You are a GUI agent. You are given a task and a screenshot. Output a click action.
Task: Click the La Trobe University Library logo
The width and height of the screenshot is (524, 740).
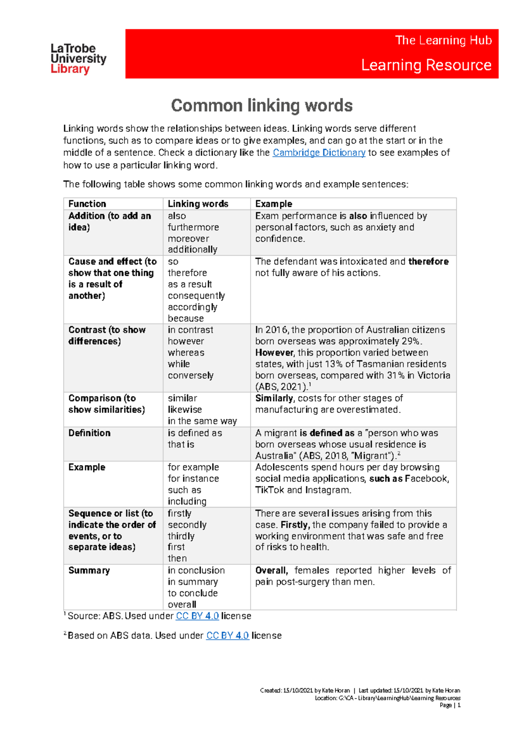click(x=78, y=58)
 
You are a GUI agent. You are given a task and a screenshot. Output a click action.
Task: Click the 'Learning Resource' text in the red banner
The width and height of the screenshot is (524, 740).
click(x=426, y=65)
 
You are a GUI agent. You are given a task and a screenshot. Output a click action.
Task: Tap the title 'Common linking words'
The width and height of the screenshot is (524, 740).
click(x=262, y=106)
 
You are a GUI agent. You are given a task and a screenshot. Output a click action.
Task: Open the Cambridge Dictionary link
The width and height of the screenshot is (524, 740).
click(x=319, y=153)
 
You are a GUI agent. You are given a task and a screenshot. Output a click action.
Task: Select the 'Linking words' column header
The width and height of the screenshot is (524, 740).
click(x=198, y=204)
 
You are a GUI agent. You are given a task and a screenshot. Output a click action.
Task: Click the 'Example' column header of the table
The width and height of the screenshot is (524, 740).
click(x=273, y=204)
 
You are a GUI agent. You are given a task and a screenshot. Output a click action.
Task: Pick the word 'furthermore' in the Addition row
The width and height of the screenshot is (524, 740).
click(x=193, y=227)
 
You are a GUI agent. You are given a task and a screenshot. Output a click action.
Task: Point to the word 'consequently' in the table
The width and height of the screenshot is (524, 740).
click(x=196, y=296)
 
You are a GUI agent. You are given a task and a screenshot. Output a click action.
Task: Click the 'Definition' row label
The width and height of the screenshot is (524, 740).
click(x=90, y=433)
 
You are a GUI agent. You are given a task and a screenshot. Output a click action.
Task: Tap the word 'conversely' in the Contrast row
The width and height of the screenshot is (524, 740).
click(x=190, y=376)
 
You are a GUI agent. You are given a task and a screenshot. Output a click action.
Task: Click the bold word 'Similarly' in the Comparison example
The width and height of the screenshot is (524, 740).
click(x=274, y=398)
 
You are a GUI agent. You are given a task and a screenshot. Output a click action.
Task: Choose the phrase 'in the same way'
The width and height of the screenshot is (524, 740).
click(x=202, y=421)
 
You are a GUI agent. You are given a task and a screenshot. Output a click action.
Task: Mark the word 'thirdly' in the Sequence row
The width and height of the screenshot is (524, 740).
click(x=181, y=536)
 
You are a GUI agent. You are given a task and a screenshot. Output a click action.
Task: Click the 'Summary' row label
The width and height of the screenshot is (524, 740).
click(x=89, y=571)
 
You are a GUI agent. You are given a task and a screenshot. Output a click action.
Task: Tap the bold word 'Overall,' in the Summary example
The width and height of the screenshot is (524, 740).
click(x=271, y=571)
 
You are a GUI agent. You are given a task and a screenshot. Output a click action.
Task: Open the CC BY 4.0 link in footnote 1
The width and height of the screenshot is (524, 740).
click(x=197, y=616)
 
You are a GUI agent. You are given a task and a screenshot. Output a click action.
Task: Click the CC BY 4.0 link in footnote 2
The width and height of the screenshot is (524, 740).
click(x=227, y=636)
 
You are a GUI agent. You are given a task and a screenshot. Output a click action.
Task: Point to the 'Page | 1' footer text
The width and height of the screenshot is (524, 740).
click(x=450, y=705)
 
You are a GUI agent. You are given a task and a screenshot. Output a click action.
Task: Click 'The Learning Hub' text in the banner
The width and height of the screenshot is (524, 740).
click(x=443, y=41)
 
